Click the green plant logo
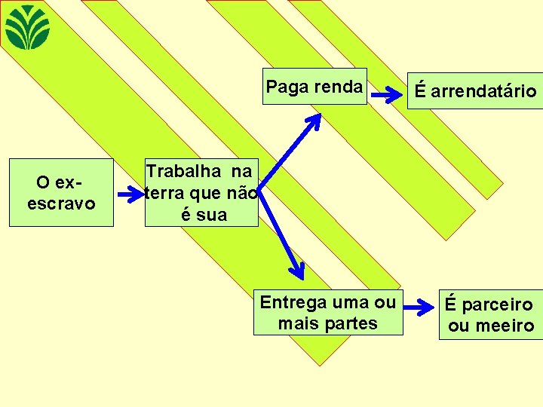(28, 27)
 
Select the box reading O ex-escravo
(61, 193)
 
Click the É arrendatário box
(475, 91)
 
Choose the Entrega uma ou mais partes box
(328, 312)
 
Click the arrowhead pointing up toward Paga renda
(314, 120)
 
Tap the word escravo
(61, 203)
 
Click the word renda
(336, 87)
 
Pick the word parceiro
(499, 305)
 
